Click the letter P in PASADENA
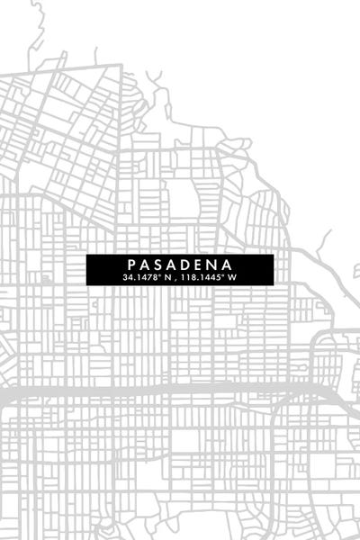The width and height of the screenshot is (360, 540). [132, 265]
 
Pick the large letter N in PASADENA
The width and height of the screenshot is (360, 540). [216, 265]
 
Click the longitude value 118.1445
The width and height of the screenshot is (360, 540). [201, 277]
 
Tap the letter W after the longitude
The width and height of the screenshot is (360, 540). [232, 277]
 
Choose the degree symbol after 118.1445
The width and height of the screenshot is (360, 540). [223, 275]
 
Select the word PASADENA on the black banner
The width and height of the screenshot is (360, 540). [180, 265]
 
